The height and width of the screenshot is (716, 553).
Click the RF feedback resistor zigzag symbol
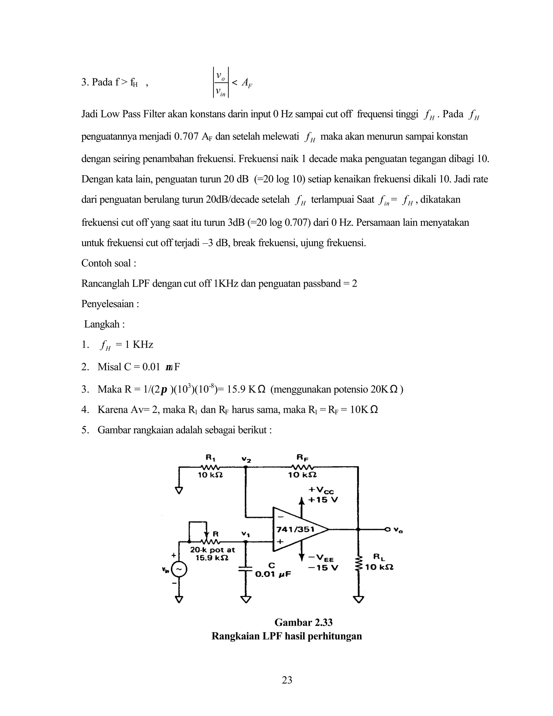[x=302, y=467]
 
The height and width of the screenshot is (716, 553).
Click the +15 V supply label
[x=323, y=500]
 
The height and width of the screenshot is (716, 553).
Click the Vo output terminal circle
[x=388, y=529]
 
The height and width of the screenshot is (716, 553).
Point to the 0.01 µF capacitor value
[x=273, y=574]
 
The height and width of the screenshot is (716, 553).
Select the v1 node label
[x=246, y=534]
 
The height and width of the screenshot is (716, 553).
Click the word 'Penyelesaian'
[x=108, y=304]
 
